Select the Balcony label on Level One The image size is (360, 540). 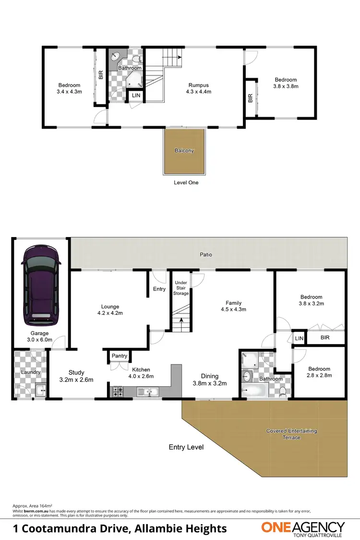(x=184, y=151)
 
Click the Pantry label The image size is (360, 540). (x=119, y=356)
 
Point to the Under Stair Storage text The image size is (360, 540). (x=181, y=288)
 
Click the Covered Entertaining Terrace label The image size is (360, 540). (x=291, y=434)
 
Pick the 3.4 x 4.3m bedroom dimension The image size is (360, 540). (x=70, y=91)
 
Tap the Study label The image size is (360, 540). (x=76, y=372)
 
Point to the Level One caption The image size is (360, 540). (x=186, y=182)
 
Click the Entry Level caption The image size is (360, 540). (x=186, y=447)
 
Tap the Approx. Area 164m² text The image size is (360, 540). (x=32, y=506)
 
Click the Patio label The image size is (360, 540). (x=207, y=255)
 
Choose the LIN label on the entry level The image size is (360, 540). (x=300, y=338)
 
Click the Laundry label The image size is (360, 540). (x=30, y=372)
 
